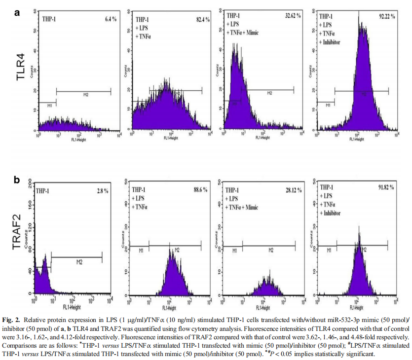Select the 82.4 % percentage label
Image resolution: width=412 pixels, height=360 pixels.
tap(201, 19)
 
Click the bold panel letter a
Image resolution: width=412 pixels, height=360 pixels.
tap(17, 13)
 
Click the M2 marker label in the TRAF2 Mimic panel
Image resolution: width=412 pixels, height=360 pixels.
tap(271, 250)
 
